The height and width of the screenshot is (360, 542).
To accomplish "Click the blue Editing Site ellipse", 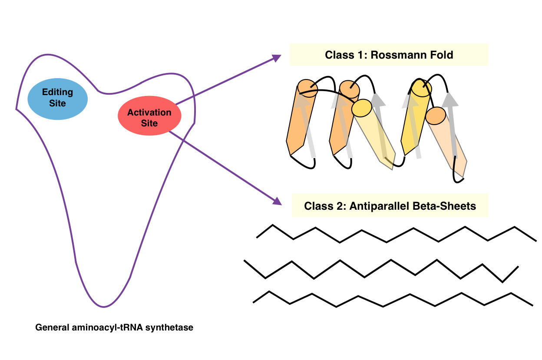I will coord(58,98).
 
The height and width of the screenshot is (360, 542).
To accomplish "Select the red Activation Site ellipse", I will coord(149,118).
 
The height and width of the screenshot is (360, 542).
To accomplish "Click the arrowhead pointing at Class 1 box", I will coord(277,58).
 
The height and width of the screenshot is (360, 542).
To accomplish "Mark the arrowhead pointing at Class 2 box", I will coord(276,201).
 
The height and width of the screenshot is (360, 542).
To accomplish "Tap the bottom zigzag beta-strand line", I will coord(391,300).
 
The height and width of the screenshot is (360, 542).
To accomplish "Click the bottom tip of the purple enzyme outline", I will coord(103,307).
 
